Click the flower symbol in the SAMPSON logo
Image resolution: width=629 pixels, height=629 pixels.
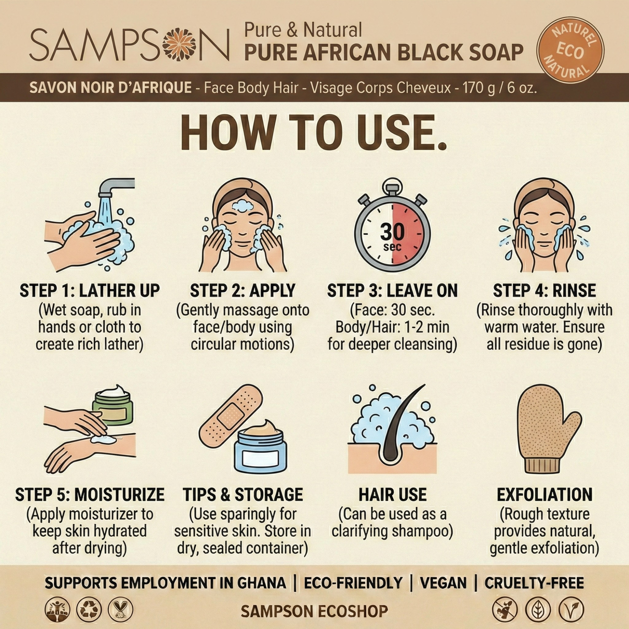coord(179,44)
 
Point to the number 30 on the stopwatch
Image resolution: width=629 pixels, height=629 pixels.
coord(392,232)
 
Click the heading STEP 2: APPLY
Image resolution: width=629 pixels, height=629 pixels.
coord(242,291)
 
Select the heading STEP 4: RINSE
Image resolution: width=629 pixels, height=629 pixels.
coord(544,291)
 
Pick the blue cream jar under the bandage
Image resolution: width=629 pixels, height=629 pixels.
coord(260,450)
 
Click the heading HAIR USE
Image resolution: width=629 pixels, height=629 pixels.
coord(392,495)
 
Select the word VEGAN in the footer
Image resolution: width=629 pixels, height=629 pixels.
coord(443,583)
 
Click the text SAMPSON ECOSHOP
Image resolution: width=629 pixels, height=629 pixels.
coord(314,611)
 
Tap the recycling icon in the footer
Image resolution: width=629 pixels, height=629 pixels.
coord(89,610)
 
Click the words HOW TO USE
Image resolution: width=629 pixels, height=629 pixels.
coord(313,134)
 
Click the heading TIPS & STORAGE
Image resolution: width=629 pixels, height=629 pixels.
coord(242,495)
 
